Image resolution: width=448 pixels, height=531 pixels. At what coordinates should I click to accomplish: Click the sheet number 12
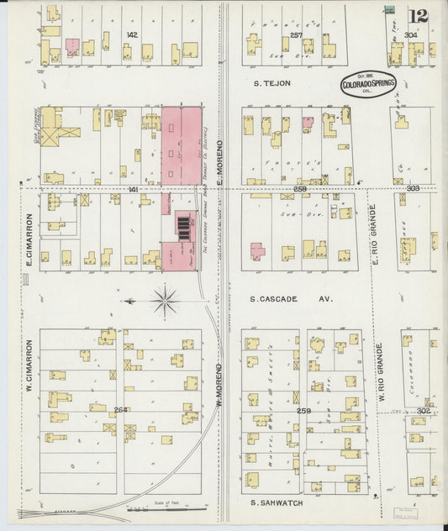click(x=417, y=16)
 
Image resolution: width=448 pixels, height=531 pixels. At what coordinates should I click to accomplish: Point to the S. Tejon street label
click(x=272, y=83)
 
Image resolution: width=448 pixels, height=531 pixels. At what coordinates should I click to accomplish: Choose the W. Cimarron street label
click(x=28, y=366)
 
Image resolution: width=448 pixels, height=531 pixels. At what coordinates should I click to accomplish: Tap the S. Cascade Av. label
click(x=291, y=298)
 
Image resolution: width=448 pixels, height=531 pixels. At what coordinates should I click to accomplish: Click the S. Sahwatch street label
click(x=277, y=502)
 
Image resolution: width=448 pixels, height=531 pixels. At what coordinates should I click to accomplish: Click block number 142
click(x=131, y=34)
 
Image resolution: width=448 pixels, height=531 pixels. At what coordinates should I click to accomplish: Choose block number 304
click(x=410, y=34)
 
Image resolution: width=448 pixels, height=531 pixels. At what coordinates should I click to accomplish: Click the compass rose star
click(x=165, y=299)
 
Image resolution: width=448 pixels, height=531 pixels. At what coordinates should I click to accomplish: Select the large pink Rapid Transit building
click(x=182, y=145)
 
